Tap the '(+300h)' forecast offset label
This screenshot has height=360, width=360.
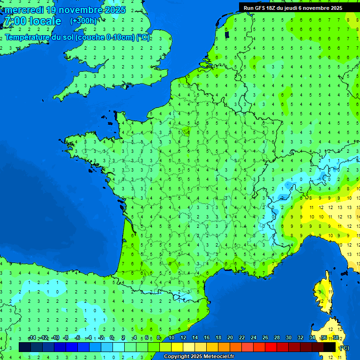tap(83, 21)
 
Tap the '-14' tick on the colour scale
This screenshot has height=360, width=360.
tap(32, 338)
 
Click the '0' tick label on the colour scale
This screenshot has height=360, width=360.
tap(112, 338)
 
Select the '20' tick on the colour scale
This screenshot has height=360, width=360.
tap(230, 338)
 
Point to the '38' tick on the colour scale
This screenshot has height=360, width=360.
tap(335, 338)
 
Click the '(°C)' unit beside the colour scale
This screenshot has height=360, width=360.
tap(344, 348)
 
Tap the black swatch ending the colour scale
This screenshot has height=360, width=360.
tap(330, 347)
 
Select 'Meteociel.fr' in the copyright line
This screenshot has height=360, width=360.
tap(218, 356)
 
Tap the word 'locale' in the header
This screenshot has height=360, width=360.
tap(45, 21)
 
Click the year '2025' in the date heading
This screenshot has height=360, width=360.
tap(111, 10)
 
